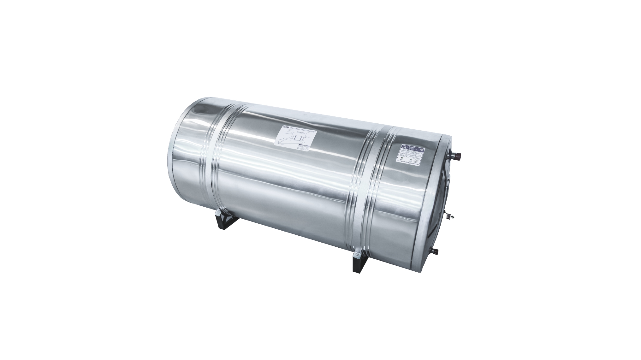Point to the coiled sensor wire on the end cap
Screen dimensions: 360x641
click(x=450, y=217)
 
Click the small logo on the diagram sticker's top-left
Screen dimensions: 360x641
click(x=286, y=127)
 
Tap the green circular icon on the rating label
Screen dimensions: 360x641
click(x=402, y=158)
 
